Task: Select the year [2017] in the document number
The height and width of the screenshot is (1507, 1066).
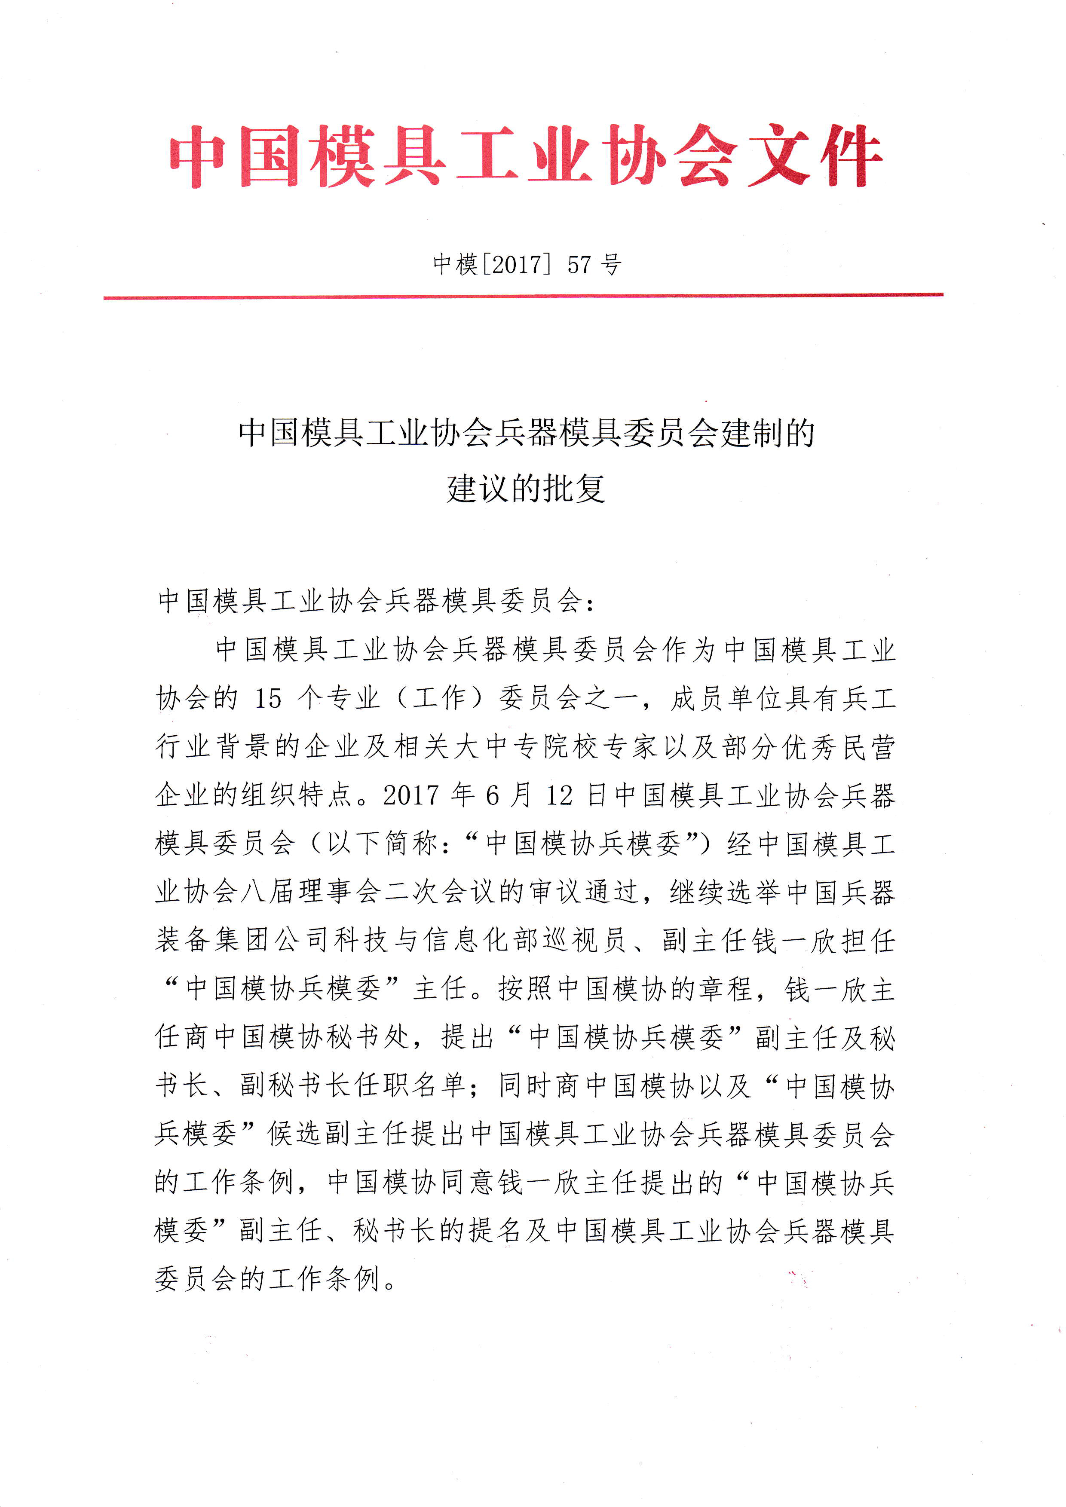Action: tap(516, 265)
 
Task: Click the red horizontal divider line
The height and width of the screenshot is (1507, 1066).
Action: tap(523, 297)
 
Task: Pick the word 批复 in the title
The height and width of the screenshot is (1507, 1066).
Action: tap(573, 489)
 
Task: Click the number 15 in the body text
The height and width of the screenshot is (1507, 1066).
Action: tap(268, 698)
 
